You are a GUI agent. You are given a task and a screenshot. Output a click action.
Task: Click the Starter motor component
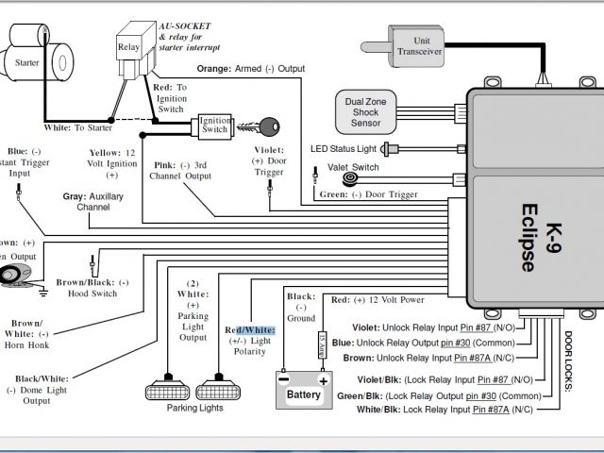click(34, 60)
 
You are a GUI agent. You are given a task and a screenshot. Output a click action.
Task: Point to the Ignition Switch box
click(214, 126)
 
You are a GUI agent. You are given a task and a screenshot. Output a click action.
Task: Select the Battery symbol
click(304, 391)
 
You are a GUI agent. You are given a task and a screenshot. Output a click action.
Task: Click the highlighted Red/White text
click(250, 329)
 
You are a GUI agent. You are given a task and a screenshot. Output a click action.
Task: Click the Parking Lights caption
click(196, 408)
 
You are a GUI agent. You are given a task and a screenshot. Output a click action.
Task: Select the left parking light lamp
click(165, 390)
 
